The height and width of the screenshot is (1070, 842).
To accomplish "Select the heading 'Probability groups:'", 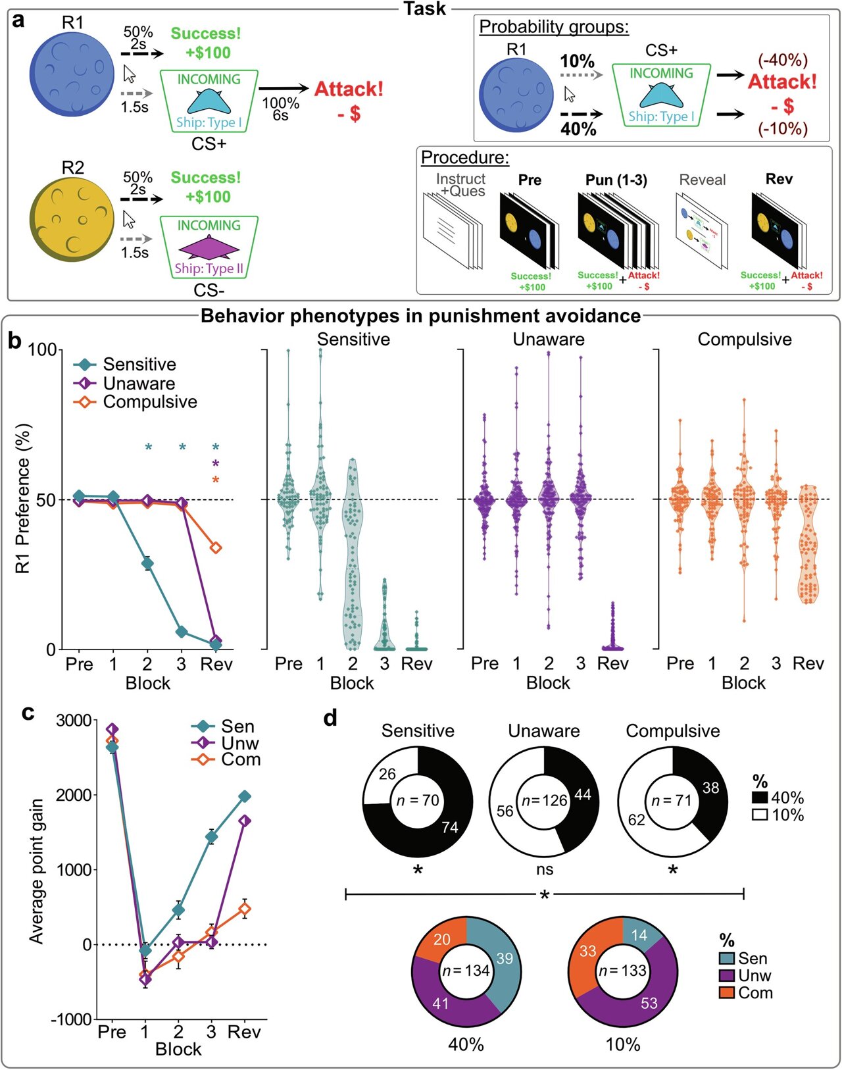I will pos(554,27).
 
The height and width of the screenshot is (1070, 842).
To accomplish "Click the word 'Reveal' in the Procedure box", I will pos(702,180).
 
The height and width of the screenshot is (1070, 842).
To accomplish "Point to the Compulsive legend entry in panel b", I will pos(150,402).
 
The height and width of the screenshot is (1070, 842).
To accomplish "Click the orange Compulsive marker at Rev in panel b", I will pos(215,548).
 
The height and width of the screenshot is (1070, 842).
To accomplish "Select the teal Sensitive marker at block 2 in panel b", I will pos(147,563).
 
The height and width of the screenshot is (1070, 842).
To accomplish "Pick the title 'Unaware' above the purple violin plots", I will pos(549,340).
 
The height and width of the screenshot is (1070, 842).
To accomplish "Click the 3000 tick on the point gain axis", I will pos(74,720).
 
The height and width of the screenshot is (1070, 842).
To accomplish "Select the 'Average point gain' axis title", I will pos(36,871).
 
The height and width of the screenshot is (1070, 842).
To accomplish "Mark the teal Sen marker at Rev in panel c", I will pos(245,796).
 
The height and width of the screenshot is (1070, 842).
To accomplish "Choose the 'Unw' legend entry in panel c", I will pos(240,744).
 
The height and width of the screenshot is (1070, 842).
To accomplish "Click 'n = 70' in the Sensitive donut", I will pos(417,801).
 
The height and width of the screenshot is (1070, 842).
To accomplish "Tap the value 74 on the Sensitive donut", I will pos(450,827).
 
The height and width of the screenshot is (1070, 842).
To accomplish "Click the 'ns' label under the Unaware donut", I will pos(544,869).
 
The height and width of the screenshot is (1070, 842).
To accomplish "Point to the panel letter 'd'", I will pos(330,719).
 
